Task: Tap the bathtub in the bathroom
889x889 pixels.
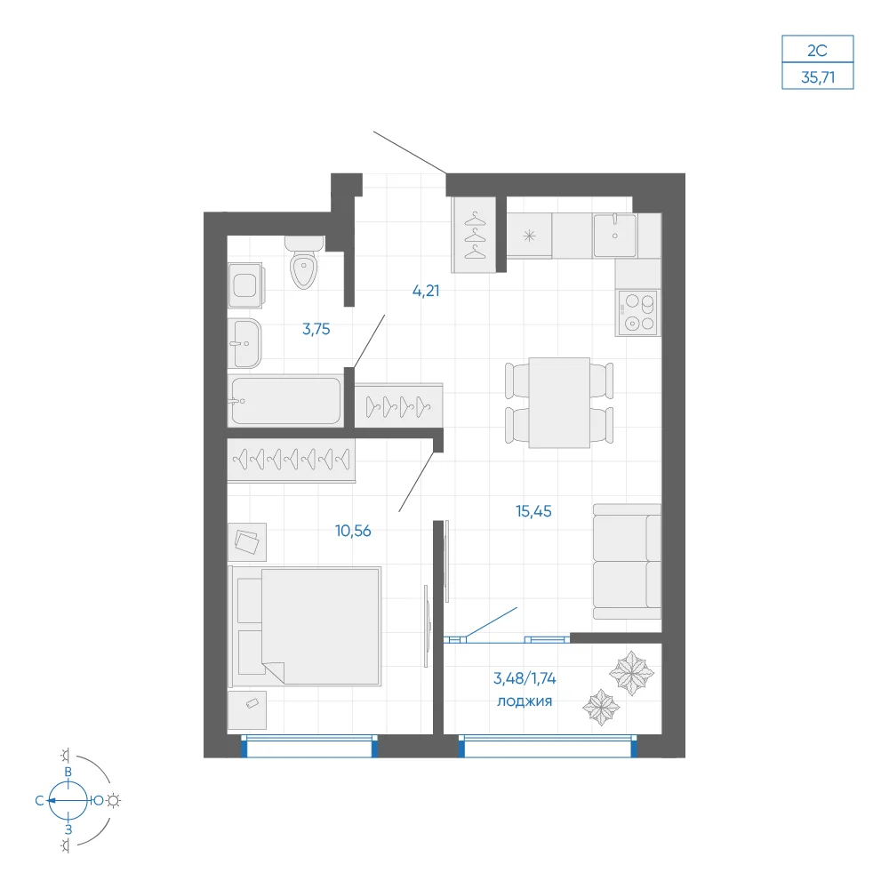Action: coord(285,400)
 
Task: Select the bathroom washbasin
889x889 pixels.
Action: coord(244,343)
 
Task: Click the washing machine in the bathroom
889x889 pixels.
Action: coord(245,284)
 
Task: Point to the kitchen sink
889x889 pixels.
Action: coord(614,236)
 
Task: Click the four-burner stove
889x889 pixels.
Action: coord(638,312)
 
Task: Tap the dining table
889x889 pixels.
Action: coord(559,403)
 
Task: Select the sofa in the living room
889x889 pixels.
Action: coord(627,561)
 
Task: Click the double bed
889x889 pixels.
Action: coord(304,626)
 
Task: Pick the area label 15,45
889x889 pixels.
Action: coord(533,511)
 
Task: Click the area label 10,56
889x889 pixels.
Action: coord(353,531)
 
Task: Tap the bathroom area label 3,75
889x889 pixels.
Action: coord(316,329)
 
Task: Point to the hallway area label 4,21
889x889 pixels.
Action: coord(426,291)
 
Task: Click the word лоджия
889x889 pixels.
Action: coord(525,701)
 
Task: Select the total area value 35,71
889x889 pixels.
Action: coord(818,77)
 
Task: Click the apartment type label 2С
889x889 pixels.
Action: coord(817,51)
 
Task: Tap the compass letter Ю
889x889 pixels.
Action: coord(98,800)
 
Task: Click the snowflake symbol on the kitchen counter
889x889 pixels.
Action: coord(529,236)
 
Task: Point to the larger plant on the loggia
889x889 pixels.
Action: coord(631,673)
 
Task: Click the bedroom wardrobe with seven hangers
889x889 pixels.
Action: coord(292,460)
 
